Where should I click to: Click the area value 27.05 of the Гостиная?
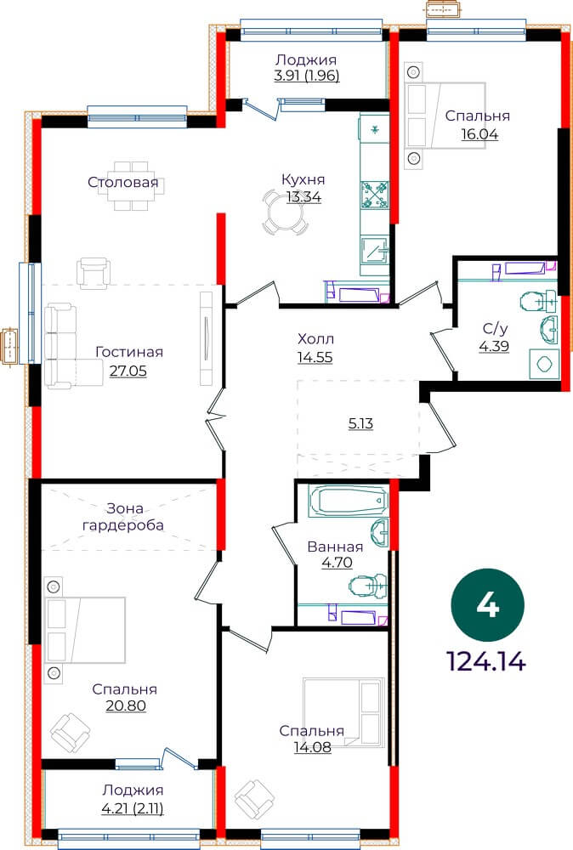[128, 371]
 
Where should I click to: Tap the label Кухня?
[303, 179]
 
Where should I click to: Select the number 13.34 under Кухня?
[304, 197]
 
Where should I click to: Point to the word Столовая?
[123, 182]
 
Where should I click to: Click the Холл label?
[315, 339]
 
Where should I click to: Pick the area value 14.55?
[315, 357]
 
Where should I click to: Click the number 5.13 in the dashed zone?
[360, 423]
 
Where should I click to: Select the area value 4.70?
[337, 563]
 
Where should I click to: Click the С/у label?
[495, 328]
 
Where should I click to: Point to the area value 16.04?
[479, 134]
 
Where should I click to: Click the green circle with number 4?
[487, 605]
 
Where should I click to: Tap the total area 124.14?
[485, 661]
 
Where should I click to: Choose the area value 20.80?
[126, 705]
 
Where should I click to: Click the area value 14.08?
[312, 747]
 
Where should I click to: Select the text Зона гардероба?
[122, 517]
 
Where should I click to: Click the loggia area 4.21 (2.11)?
[133, 809]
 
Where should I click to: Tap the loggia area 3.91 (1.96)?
[307, 76]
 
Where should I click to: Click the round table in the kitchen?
[286, 212]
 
